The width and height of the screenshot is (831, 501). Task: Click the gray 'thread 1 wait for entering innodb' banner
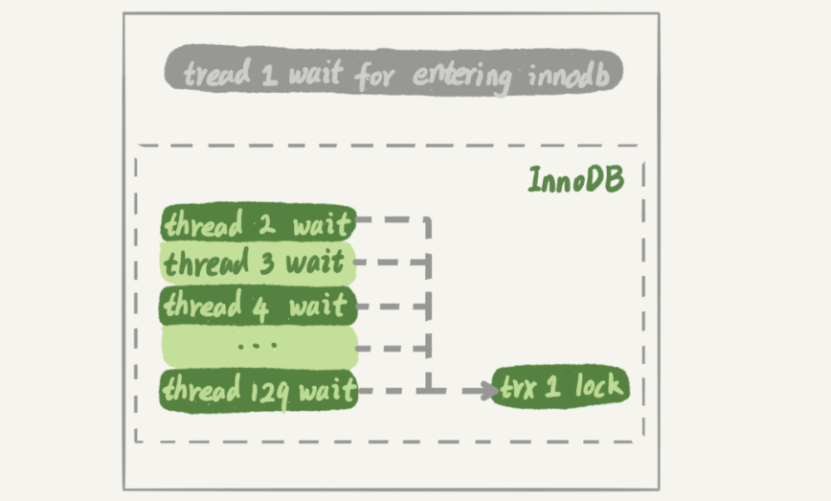[393, 72]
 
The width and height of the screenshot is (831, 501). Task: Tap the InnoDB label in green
[575, 179]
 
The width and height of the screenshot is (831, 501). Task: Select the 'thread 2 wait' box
[258, 225]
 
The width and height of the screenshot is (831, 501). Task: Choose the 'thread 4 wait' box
[258, 306]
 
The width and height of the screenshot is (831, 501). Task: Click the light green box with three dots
[258, 346]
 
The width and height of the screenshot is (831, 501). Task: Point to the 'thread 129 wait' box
[258, 390]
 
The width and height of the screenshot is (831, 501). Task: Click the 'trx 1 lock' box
[563, 388]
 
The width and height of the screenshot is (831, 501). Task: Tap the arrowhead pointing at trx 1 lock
[482, 390]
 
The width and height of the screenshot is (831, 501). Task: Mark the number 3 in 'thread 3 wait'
[266, 262]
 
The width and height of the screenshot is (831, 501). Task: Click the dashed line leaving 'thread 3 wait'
[393, 262]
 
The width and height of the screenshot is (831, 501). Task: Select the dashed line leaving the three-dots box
[393, 348]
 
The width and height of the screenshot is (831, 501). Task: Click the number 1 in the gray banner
[270, 73]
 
